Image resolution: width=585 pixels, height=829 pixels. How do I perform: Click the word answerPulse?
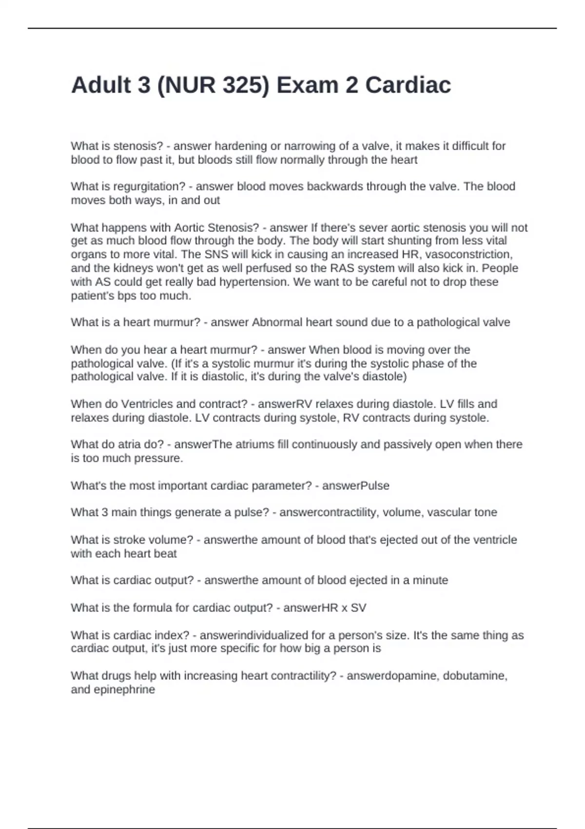coord(355,486)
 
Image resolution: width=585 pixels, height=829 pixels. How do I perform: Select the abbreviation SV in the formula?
coord(358,608)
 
